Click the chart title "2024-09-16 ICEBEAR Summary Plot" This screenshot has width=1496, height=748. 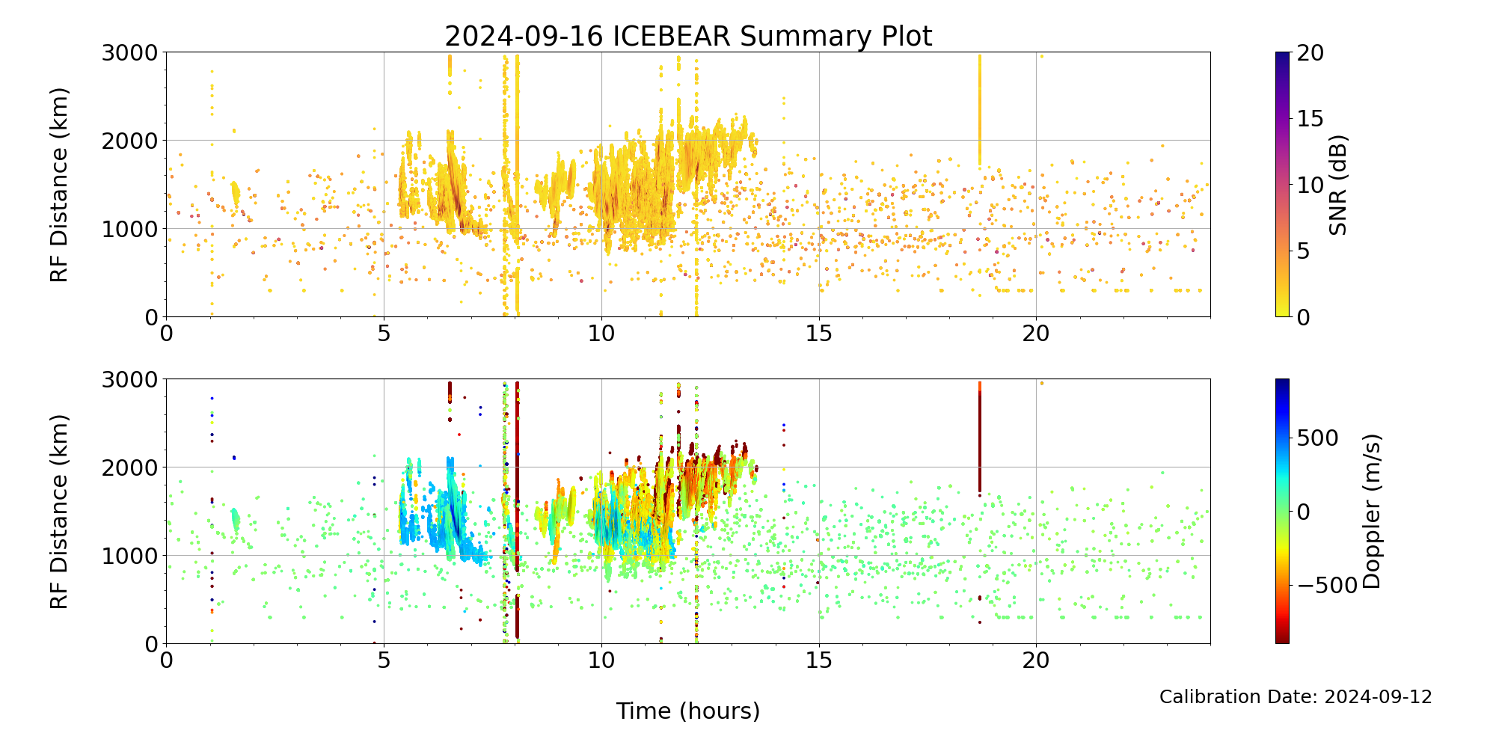(688, 36)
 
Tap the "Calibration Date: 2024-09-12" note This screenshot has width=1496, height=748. (1296, 697)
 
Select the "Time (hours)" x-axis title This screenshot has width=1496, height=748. (688, 711)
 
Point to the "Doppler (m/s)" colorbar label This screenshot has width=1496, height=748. (1371, 512)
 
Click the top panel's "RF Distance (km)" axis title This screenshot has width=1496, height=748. (59, 185)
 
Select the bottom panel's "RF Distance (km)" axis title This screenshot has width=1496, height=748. (59, 512)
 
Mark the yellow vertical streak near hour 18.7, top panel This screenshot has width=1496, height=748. (980, 112)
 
